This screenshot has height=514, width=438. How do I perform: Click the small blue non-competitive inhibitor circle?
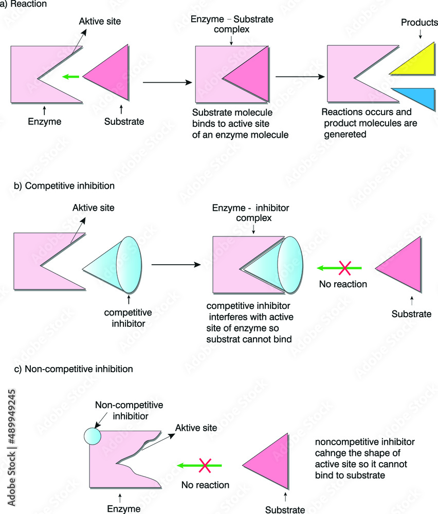(x=93, y=436)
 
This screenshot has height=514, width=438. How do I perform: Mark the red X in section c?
(x=205, y=466)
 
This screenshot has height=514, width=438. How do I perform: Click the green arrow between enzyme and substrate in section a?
(x=70, y=77)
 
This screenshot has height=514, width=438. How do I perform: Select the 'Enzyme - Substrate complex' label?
(x=232, y=24)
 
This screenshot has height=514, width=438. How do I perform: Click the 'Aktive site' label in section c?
(x=196, y=428)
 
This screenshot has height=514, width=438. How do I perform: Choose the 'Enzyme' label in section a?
(x=44, y=121)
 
